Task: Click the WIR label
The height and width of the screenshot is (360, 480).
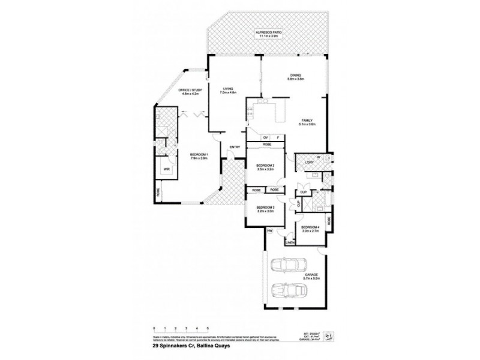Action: tap(166, 169)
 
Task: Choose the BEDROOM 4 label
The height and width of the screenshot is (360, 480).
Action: tap(310, 229)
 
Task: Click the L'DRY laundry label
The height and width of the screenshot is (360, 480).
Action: tap(309, 163)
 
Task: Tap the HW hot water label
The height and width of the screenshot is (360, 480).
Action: tap(270, 230)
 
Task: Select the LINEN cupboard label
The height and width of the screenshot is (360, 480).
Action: tap(289, 242)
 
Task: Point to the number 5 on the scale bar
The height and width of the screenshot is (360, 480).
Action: tap(208, 328)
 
